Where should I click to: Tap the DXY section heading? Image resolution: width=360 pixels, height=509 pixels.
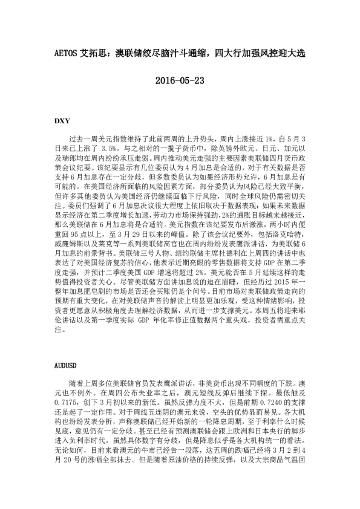pyautogui.click(x=62, y=120)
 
